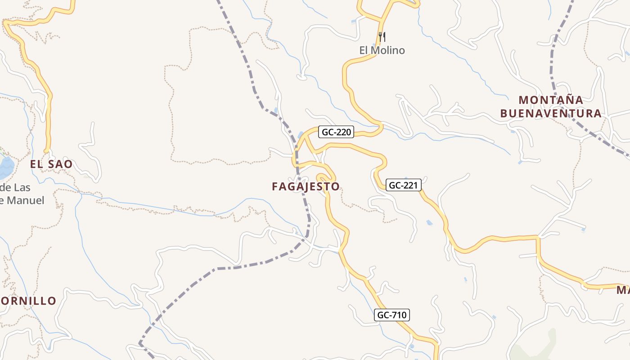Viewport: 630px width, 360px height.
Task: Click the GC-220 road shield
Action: (336, 132)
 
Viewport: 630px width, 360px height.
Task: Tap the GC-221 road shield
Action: (404, 185)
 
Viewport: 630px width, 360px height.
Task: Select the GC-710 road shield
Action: (392, 315)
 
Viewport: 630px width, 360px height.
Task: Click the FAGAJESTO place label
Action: (306, 186)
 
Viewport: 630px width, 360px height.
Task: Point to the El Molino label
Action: (382, 50)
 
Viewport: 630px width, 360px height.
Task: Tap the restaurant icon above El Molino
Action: (382, 36)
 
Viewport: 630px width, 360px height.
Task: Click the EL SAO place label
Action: (51, 164)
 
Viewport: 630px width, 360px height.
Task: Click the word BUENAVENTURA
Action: (551, 113)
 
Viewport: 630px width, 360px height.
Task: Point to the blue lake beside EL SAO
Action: (6, 167)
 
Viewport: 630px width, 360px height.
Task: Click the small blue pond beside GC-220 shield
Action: (301, 135)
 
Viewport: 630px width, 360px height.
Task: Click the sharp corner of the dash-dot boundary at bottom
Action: (140, 343)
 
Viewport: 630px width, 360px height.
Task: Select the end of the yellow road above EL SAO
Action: (46, 151)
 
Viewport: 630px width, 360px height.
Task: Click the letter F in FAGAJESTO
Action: (275, 186)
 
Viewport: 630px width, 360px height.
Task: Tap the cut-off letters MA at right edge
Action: (623, 290)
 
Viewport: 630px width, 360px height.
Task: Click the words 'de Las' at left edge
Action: (16, 187)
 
